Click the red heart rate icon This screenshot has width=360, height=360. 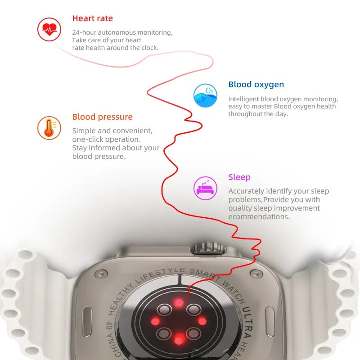(49, 30)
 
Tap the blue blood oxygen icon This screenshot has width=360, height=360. (205, 95)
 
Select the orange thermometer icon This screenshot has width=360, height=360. (49, 128)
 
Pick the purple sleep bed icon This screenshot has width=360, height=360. (205, 188)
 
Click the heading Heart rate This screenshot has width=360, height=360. (92, 18)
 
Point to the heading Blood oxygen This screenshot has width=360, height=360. (256, 85)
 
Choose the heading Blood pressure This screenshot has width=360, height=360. (102, 117)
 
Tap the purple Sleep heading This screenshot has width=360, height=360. (239, 177)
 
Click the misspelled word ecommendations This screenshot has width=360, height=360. (259, 217)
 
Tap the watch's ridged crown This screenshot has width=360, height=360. (208, 248)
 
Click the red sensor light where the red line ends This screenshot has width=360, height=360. (179, 302)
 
